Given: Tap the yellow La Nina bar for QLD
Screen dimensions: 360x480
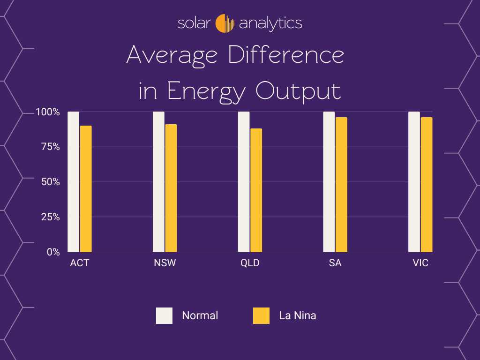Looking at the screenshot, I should coord(256,190).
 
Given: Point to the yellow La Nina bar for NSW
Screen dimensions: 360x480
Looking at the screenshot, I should coord(171,188).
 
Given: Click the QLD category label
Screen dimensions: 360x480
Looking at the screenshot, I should coord(250,263).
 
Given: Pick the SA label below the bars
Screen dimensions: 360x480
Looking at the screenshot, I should coord(335,263).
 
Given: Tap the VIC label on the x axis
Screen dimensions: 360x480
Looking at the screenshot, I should coord(420,263).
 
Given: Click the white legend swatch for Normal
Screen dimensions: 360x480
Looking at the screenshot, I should coord(165,315).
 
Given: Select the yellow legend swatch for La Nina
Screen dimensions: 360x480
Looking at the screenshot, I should coord(262,315).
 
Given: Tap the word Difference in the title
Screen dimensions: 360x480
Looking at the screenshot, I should coord(286,56).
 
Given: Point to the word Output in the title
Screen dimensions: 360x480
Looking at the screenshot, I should coord(298,91).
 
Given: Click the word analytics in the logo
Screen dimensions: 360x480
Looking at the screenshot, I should coord(270,23).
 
